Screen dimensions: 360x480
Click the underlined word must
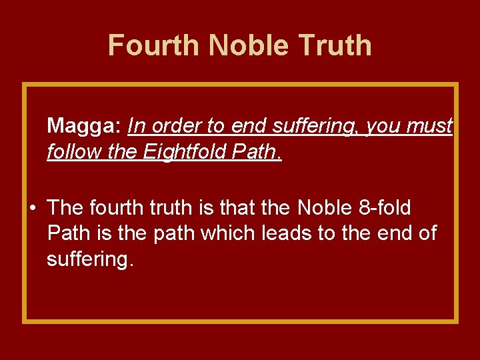[429, 125]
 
